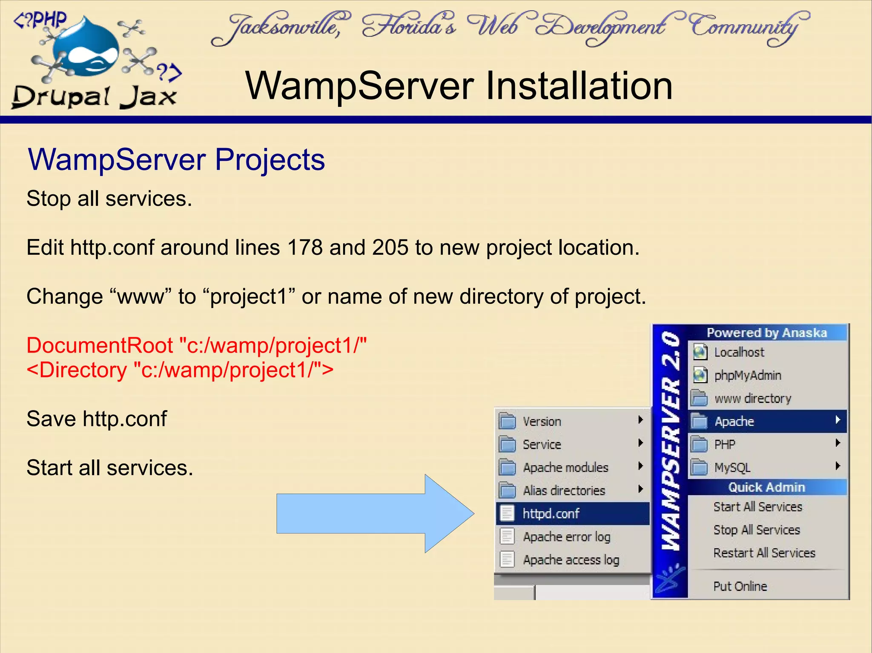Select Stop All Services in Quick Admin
[x=757, y=530]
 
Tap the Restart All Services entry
[x=764, y=553]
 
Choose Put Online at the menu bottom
[x=740, y=587]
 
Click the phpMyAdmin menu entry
[x=748, y=375]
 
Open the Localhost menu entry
[x=739, y=352]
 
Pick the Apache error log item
[x=566, y=537]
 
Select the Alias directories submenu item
[x=564, y=490]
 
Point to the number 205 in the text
[x=390, y=248]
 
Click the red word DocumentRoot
[x=100, y=345]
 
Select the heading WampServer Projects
[x=176, y=160]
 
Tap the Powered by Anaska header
[x=766, y=333]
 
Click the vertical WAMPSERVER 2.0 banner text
[x=670, y=442]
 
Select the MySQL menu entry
[x=732, y=468]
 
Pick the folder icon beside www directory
[x=699, y=398]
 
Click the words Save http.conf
[x=97, y=419]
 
